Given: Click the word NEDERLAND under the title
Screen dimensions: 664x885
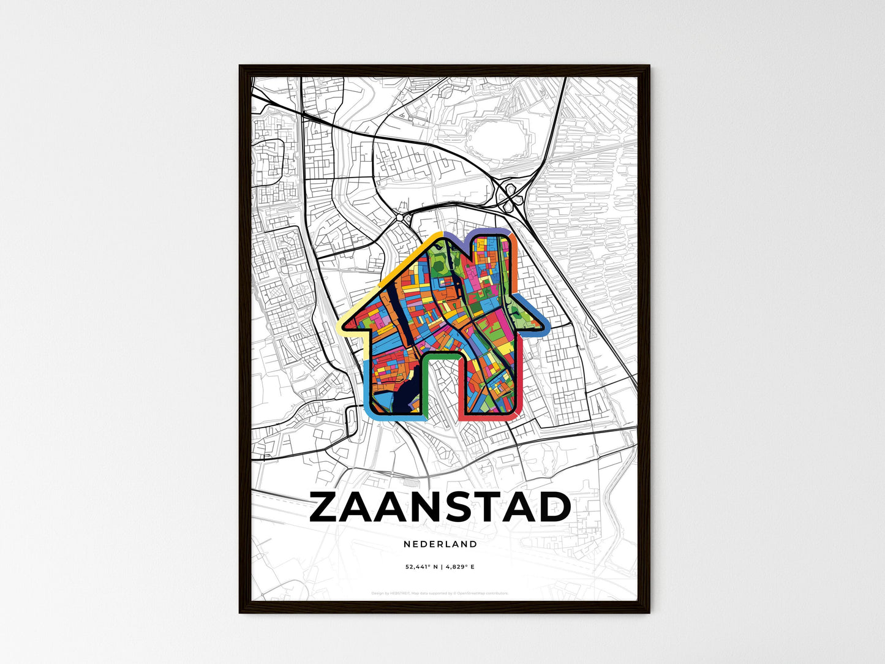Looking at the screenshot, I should point(440,544).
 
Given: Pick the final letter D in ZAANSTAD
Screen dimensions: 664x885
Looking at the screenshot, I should point(554,508).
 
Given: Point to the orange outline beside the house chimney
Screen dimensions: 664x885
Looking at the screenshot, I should point(514,257).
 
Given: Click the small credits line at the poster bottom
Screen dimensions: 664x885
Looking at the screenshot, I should point(440,593).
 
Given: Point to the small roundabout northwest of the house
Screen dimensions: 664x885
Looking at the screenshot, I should point(401,217).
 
